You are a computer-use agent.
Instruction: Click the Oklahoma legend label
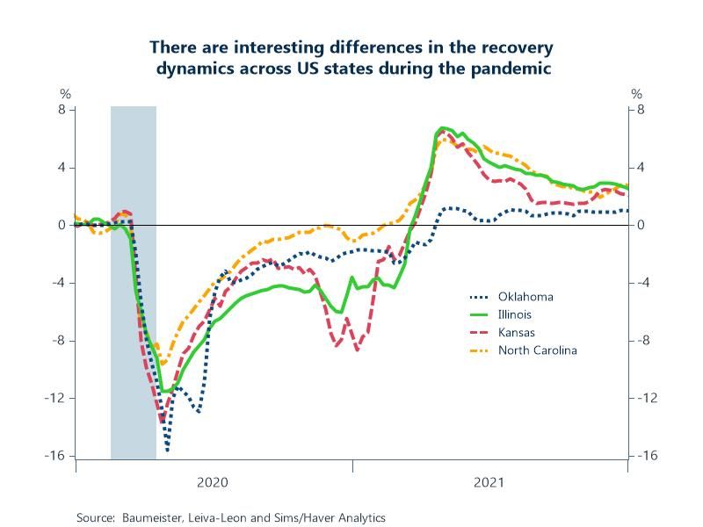coord(525,296)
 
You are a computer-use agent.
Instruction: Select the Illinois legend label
coord(514,314)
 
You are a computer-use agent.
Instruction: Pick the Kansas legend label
coord(516,333)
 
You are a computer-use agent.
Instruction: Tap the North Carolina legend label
coord(537,350)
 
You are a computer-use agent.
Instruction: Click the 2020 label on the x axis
coord(213,482)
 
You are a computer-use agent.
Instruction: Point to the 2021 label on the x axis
coord(489,482)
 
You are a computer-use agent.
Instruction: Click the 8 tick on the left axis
coord(62,110)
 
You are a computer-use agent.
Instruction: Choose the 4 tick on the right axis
coord(641,168)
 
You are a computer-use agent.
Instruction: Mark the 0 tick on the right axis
coord(641,225)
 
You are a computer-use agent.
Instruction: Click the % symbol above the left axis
coord(64,94)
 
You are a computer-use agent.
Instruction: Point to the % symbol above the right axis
coord(637,94)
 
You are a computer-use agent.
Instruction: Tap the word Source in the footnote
coord(96,518)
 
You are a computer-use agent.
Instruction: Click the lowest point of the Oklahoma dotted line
coord(167,451)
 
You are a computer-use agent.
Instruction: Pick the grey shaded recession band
coord(134,281)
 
